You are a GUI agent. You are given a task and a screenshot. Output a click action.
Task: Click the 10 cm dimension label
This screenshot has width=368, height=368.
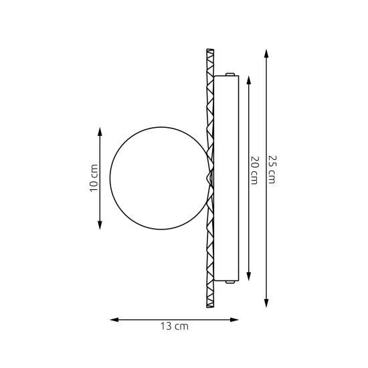tap(94, 178)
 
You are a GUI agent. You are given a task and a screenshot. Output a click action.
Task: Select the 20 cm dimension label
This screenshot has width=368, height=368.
tap(255, 170)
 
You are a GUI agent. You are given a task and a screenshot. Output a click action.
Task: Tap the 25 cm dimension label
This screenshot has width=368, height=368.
tap(272, 169)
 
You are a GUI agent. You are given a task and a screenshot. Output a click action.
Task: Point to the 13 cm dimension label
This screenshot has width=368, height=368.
tap(175, 327)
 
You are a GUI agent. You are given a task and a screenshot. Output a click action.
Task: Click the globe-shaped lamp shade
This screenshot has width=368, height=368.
tap(110, 178)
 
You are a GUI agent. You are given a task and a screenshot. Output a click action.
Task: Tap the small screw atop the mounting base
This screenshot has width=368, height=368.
tap(230, 74)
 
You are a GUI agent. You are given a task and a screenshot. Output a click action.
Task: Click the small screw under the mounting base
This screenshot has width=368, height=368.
tap(230, 282)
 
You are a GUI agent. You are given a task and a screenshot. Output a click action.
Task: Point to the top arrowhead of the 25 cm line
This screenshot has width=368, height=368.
tap(266, 54)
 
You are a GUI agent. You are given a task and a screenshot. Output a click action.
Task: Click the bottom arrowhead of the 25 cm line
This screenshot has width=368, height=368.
tap(266, 303)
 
